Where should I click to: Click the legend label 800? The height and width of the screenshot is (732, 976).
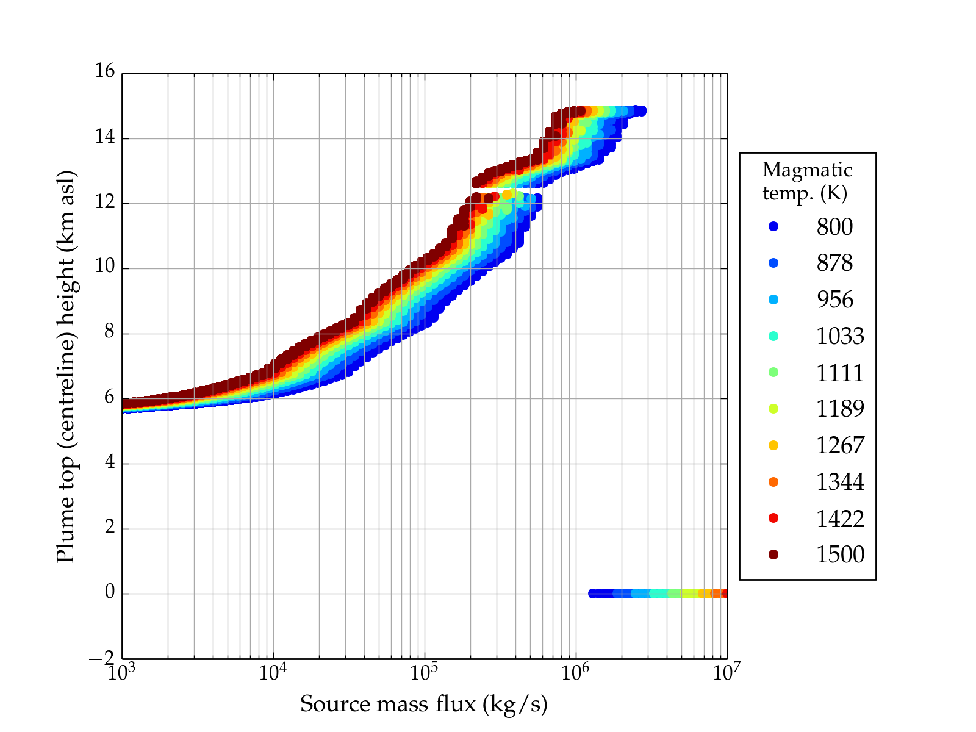tap(834, 227)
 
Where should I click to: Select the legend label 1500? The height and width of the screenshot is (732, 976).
tap(840, 554)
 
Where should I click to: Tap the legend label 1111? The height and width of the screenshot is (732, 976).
tap(840, 373)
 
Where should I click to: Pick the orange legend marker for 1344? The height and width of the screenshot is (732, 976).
tap(773, 482)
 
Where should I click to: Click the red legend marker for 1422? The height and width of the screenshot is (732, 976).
tap(773, 518)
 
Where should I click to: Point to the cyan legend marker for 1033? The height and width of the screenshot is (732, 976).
tap(773, 336)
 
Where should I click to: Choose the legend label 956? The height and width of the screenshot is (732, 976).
tap(834, 300)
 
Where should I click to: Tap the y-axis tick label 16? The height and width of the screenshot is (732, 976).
tap(104, 71)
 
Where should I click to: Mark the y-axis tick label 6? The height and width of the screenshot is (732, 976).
tap(110, 397)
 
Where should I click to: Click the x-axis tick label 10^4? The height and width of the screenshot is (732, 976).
tap(273, 672)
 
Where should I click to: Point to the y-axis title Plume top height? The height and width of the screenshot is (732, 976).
tap(65, 366)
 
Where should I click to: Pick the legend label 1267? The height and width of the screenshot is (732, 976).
tap(840, 445)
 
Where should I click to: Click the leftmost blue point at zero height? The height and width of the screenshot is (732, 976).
tap(592, 594)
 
